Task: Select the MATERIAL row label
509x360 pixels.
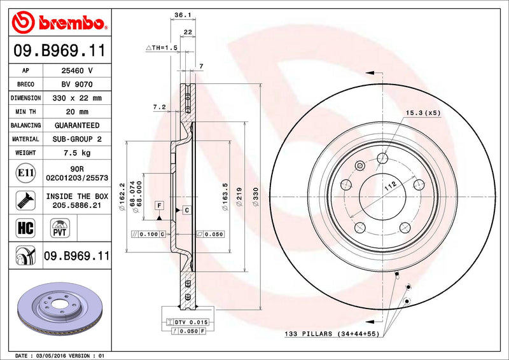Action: (x=26, y=139)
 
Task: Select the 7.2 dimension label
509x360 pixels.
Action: (x=159, y=107)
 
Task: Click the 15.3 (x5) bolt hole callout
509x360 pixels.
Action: (x=423, y=113)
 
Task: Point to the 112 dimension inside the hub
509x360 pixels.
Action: (x=390, y=184)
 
